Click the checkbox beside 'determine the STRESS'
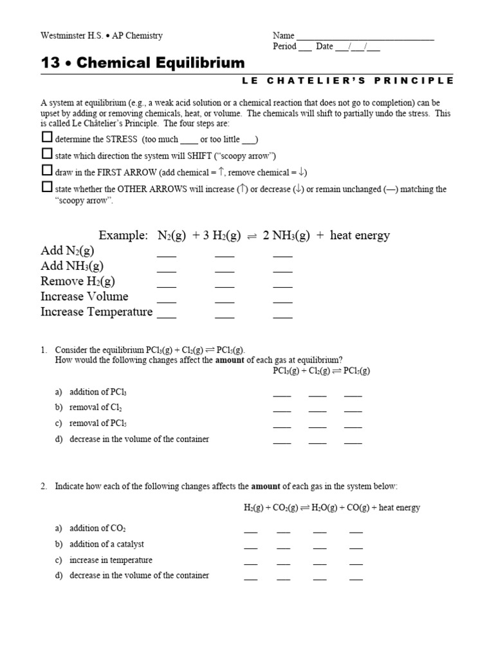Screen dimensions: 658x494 [x=46, y=138]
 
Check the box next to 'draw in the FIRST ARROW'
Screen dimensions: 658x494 [x=46, y=170]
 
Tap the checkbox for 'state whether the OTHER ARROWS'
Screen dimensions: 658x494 [x=46, y=187]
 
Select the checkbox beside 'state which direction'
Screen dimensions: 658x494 [x=46, y=154]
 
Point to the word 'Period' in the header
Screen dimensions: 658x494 [x=285, y=46]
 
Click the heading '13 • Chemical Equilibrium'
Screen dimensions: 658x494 [x=143, y=63]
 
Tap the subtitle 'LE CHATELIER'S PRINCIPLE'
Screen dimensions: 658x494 [x=348, y=80]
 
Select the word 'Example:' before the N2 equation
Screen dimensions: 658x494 [x=123, y=236]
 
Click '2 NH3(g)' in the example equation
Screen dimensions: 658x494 [x=286, y=236]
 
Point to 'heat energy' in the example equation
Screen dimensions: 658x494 [x=360, y=236]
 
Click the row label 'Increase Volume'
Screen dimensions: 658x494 [x=84, y=296]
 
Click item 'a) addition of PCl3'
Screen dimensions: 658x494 [x=95, y=392]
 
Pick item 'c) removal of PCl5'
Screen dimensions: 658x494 [x=94, y=423]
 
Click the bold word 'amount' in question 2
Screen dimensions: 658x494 [x=265, y=486]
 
